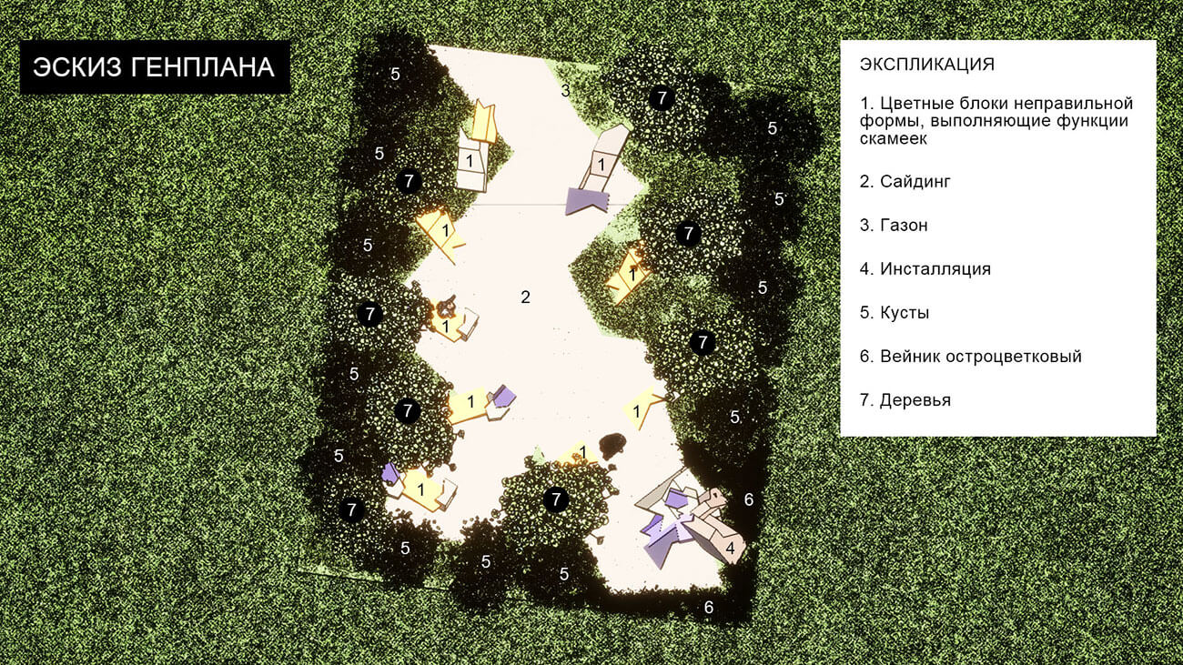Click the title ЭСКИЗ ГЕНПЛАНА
154,67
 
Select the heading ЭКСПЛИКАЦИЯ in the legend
927,65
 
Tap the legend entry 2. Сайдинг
905,182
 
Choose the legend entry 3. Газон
894,226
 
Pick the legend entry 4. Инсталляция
925,269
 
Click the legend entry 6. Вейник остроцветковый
971,357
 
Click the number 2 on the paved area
525,297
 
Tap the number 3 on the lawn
565,91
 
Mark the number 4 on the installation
731,548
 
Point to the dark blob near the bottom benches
612,445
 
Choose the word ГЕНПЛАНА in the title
202,67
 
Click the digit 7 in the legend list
864,400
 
